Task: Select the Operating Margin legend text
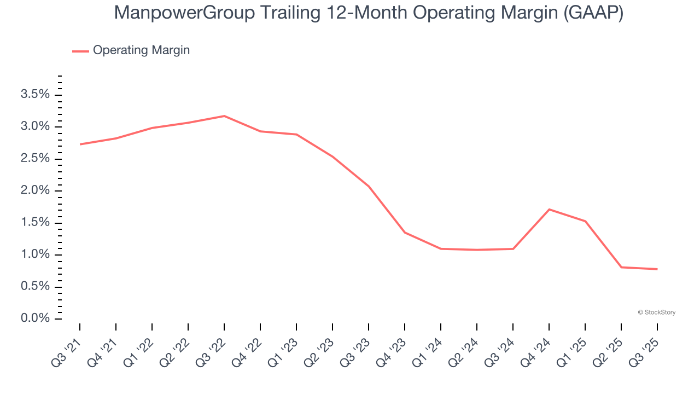tap(141, 50)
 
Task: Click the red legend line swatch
tap(80, 51)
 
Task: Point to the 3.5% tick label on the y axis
tap(35, 95)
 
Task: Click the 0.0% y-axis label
tap(35, 318)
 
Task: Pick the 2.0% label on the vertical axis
tap(35, 190)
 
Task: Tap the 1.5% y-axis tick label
tap(35, 223)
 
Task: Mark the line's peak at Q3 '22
tap(224, 116)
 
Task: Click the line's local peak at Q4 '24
tap(549, 210)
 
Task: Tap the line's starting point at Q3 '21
tap(80, 144)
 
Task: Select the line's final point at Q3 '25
tap(657, 269)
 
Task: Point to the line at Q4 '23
tap(405, 233)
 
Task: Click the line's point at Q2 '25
tap(621, 267)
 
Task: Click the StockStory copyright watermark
tap(656, 312)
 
